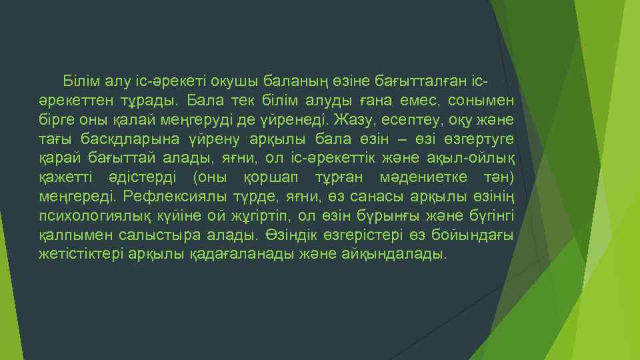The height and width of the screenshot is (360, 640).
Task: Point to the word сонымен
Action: (486, 101)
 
